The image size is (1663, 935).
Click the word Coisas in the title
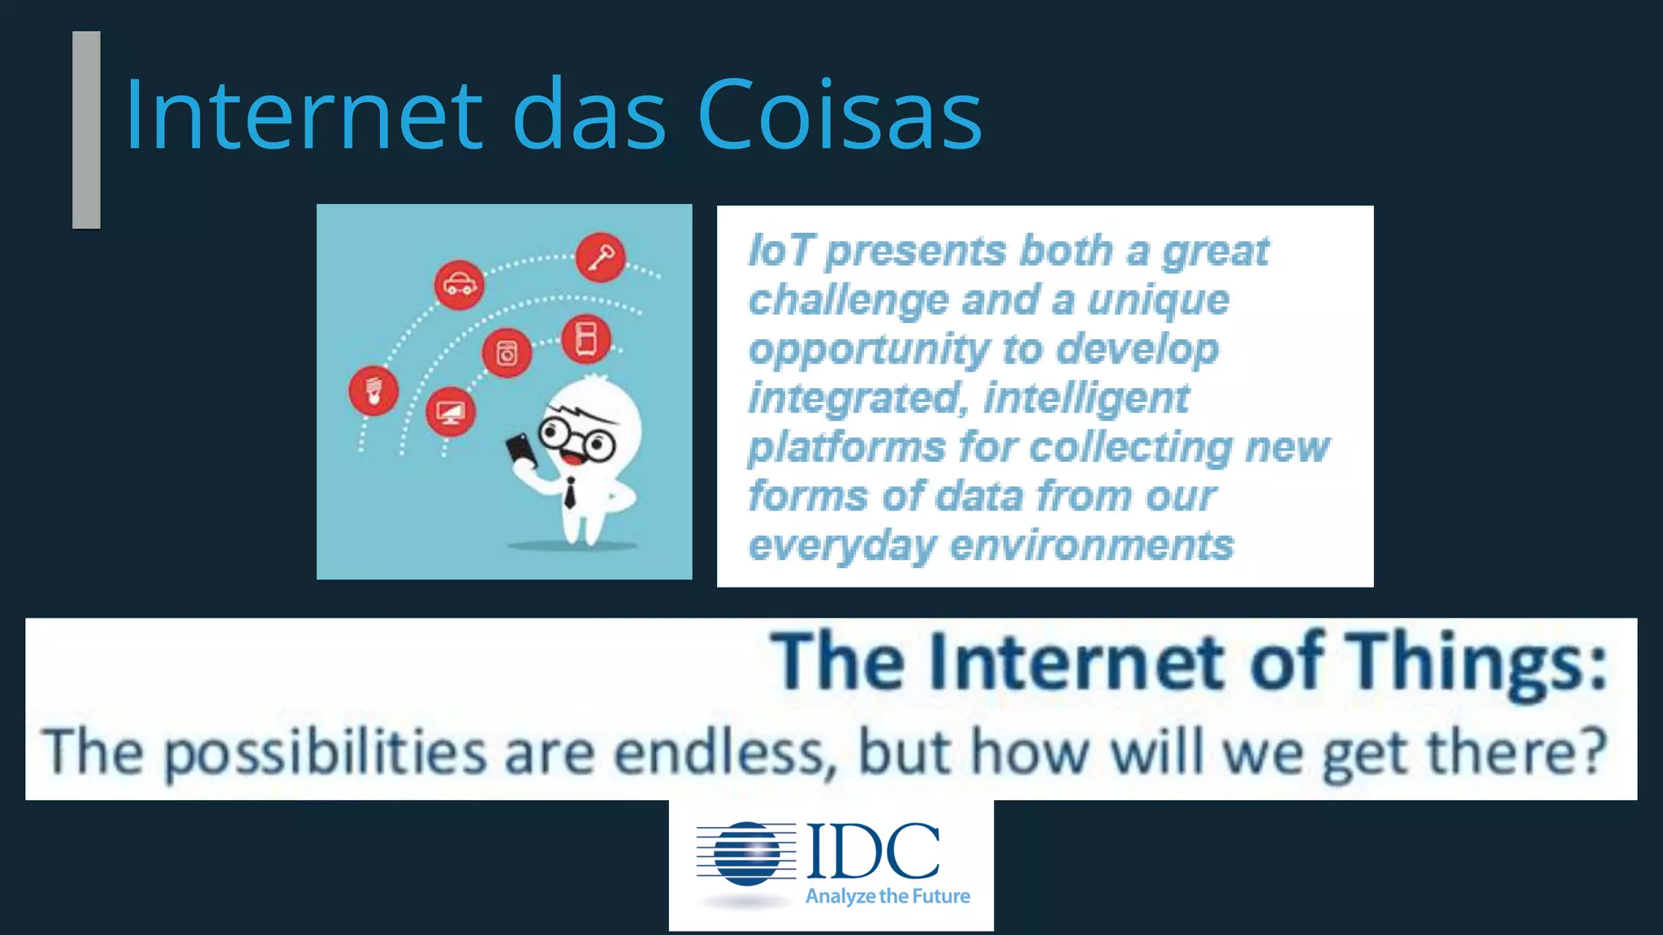(840, 114)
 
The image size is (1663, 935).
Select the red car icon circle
(460, 285)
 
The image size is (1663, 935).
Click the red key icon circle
(601, 258)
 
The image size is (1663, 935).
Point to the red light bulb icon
(374, 390)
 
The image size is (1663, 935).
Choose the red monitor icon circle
(451, 412)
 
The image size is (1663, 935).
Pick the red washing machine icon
(507, 353)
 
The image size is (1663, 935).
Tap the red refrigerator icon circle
(585, 338)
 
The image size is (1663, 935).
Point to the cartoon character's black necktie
(570, 493)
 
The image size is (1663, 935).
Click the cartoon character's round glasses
(577, 439)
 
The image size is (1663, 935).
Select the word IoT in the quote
(780, 251)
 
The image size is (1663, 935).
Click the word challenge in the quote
(848, 300)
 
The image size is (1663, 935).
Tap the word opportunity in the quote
(868, 350)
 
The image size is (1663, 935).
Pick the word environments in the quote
(1091, 545)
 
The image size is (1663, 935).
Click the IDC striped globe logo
(745, 854)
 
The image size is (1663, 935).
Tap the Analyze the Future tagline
(888, 896)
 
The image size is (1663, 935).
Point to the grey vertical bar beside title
(86, 130)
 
